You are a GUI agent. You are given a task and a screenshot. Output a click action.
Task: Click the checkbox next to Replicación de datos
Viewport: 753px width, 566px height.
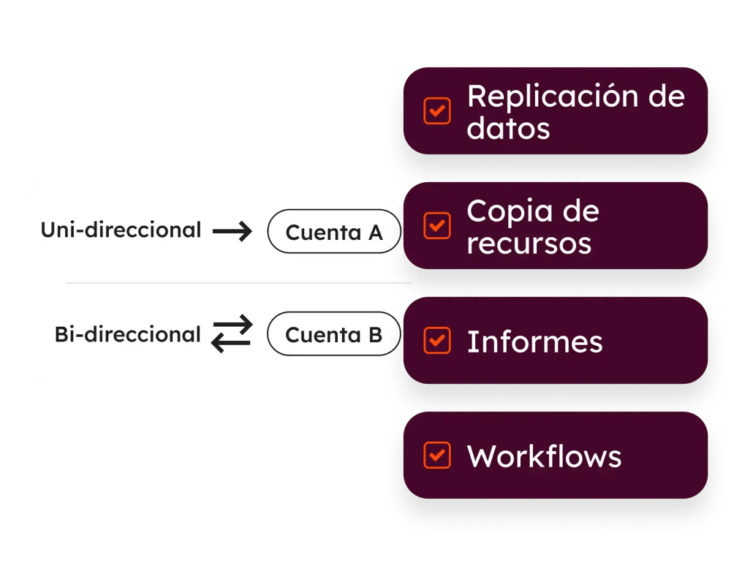point(437,111)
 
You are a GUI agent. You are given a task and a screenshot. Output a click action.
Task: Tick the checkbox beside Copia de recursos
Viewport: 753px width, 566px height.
point(437,226)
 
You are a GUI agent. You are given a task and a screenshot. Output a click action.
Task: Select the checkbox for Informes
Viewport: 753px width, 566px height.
point(437,341)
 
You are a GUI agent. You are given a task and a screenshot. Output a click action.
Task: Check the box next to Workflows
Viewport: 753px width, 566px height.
point(437,455)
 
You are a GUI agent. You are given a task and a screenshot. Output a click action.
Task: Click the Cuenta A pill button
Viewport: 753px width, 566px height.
point(334,233)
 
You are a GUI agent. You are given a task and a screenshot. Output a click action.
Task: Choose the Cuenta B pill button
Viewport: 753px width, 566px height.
point(334,335)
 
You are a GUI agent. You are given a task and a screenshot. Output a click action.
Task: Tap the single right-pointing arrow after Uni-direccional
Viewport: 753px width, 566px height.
point(232,232)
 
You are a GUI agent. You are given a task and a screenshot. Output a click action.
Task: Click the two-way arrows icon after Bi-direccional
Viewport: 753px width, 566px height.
point(232,334)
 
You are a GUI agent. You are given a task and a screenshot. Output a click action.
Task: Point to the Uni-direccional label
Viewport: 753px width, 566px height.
point(121,230)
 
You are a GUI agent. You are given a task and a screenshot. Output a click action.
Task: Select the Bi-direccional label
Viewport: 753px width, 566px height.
point(127,335)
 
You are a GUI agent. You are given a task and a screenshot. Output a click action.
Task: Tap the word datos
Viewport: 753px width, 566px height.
point(508,129)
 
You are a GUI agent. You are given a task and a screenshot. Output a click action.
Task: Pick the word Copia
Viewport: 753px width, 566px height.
point(507,212)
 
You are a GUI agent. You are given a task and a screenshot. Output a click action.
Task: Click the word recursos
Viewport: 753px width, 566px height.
point(529,244)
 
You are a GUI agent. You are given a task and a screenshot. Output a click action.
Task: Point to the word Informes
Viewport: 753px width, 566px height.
point(534,342)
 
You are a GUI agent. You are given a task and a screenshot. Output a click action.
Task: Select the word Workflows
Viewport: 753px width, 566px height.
point(544,456)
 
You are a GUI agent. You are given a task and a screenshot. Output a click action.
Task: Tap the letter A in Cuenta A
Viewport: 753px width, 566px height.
point(375,233)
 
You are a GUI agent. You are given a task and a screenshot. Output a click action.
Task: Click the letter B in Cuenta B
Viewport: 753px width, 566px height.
point(374,335)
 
